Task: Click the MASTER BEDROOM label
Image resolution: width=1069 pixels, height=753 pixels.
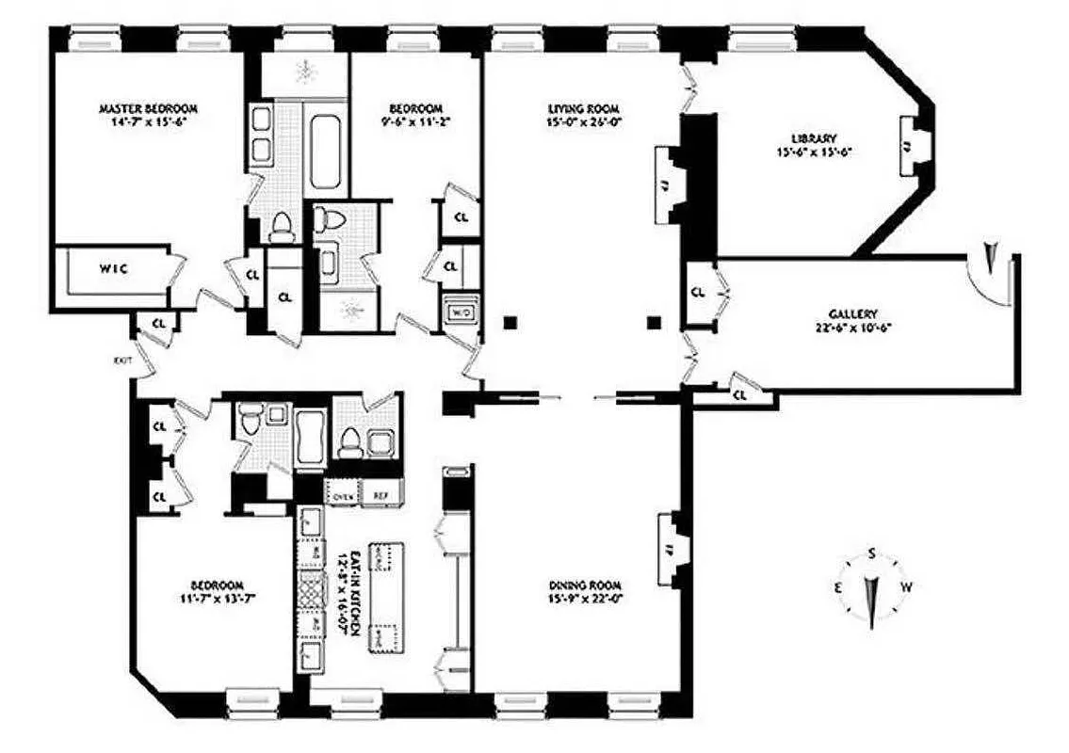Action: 148,109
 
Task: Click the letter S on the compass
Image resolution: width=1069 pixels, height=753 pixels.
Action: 873,553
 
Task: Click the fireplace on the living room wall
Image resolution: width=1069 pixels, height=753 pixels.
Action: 666,184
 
